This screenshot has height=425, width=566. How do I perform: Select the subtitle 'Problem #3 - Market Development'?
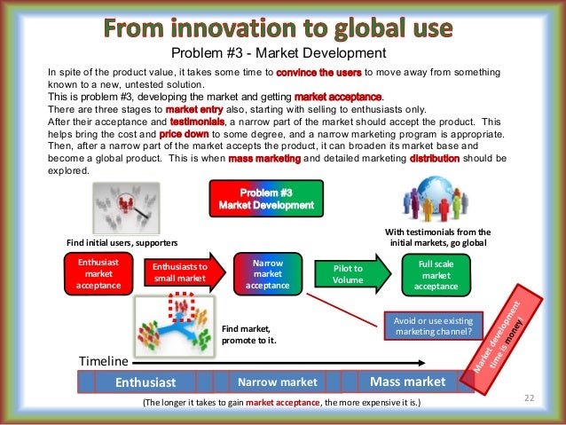[x=283, y=53]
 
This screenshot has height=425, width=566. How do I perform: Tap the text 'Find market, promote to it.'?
[x=245, y=334]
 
